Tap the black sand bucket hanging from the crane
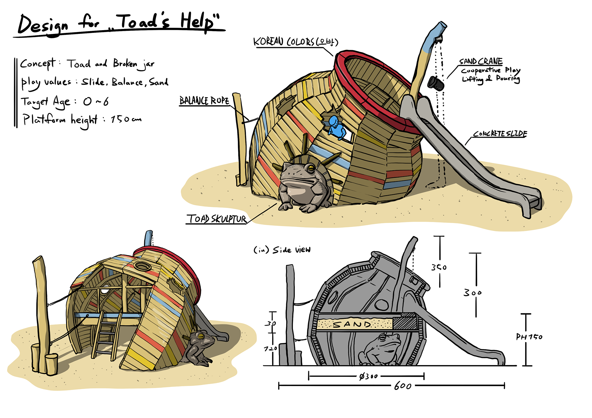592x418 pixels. (436, 83)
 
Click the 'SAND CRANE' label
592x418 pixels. (481, 61)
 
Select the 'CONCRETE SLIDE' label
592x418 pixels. (500, 134)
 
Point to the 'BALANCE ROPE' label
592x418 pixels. (204, 101)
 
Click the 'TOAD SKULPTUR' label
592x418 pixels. (216, 219)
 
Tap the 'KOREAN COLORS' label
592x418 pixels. (295, 42)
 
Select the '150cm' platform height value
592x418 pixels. (126, 119)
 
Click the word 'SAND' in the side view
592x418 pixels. (352, 324)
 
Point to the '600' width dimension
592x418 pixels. (403, 386)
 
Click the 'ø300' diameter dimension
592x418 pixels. (368, 376)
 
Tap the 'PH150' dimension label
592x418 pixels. (529, 337)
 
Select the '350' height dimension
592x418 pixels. (439, 267)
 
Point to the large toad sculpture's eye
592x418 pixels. (310, 168)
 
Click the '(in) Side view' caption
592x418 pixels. (282, 250)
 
